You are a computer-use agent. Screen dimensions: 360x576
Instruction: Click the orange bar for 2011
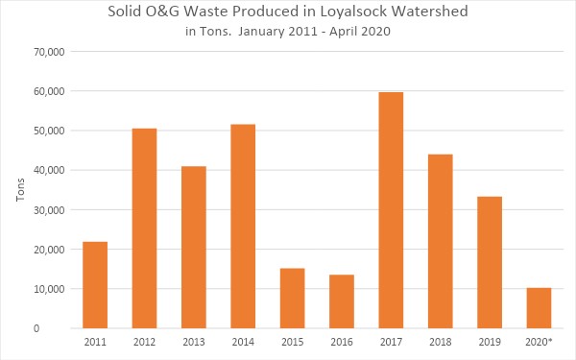tap(95, 285)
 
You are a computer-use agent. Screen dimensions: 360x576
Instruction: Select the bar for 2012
tap(144, 228)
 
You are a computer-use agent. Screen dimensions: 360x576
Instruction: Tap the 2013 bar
tap(193, 248)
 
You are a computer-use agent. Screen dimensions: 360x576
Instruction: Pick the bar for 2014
tap(243, 227)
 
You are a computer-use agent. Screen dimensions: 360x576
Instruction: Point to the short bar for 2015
tap(292, 299)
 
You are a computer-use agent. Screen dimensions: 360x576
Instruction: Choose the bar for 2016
tap(342, 301)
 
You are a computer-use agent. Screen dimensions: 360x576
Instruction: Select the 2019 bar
tap(490, 262)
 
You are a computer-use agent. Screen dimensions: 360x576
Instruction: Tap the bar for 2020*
tap(539, 308)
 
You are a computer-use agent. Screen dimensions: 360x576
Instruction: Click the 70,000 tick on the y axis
tap(48, 52)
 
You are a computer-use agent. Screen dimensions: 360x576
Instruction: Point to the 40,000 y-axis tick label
tap(48, 170)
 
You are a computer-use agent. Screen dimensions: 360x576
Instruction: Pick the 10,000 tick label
tap(48, 289)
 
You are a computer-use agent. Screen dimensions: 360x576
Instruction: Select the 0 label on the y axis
tap(61, 328)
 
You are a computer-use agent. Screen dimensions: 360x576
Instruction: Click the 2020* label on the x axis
tap(540, 342)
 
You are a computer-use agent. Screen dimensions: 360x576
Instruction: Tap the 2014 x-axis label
tap(243, 342)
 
